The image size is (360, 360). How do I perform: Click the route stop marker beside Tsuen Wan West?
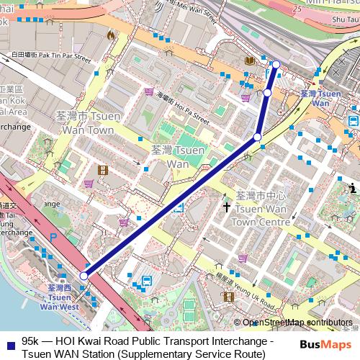84,276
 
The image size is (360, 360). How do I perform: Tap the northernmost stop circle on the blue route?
276,64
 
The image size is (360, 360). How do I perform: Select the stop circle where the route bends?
257,137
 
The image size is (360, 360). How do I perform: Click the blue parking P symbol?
53,236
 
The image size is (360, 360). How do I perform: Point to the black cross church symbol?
227,207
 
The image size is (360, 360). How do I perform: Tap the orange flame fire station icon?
110,35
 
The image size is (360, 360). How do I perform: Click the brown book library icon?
248,60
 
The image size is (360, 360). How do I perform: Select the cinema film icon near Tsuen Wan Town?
102,170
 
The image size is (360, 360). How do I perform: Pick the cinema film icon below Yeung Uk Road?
228,296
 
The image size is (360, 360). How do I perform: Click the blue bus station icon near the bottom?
147,282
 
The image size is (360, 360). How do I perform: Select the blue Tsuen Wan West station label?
59,297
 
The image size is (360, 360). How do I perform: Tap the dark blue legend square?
9,342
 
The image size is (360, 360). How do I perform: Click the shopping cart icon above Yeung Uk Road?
243,257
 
